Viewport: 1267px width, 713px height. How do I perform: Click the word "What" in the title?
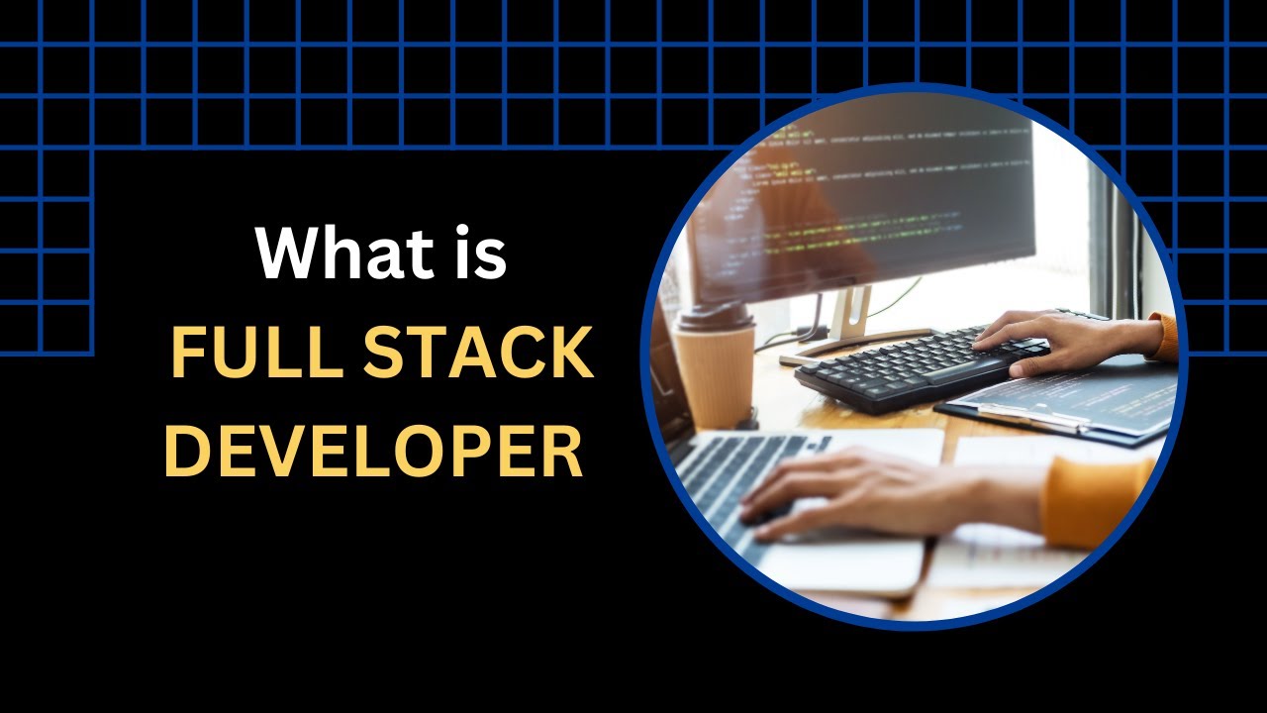[331, 253]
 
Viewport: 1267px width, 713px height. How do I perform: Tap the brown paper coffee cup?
[714, 371]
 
